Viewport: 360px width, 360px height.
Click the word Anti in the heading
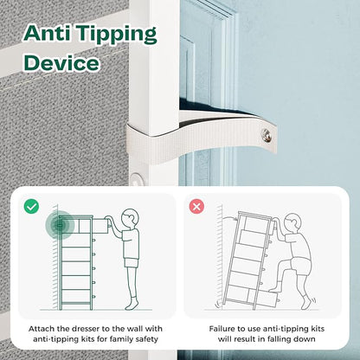pos(47,32)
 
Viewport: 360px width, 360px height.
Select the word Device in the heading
pos(61,62)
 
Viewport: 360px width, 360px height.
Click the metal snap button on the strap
pos(266,134)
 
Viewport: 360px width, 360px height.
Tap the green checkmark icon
pos(31,207)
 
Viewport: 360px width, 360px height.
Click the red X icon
pos(196,207)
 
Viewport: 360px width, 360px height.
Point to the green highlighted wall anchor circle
pos(60,225)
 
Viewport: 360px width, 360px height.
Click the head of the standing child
pos(130,218)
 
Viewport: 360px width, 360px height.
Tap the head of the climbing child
pos(292,222)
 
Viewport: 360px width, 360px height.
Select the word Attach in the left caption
pos(42,329)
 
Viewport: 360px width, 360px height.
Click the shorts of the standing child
pos(131,263)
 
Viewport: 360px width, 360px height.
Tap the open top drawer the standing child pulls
pos(100,226)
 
